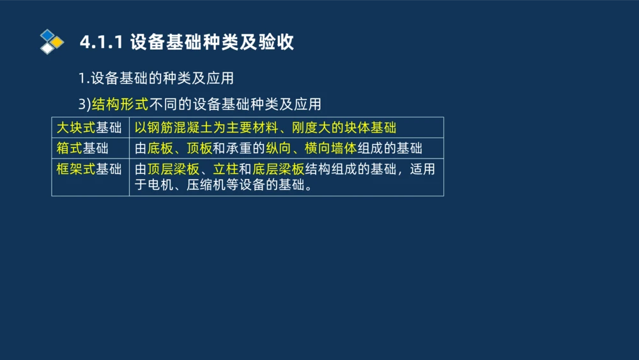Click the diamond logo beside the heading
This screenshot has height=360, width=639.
52,42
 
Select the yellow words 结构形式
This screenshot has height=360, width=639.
119,104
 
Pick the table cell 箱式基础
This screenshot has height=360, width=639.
82,148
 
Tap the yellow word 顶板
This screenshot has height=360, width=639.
199,148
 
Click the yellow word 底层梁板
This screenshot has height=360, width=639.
278,169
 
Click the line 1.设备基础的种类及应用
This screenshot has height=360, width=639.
156,78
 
